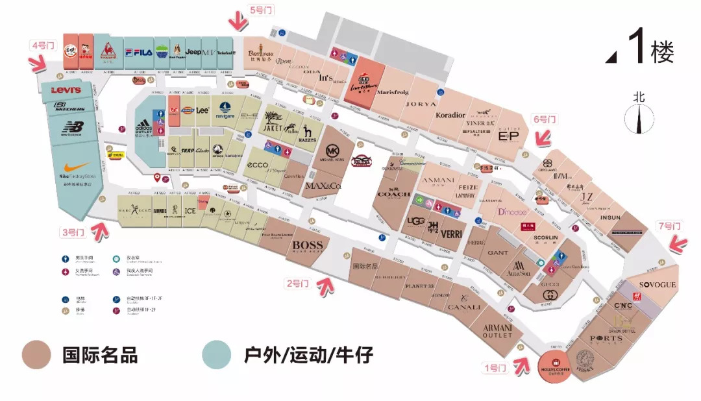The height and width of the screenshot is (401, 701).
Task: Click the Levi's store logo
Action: (x=66, y=90)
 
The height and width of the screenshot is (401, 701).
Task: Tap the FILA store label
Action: (x=138, y=52)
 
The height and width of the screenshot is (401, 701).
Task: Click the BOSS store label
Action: (x=308, y=245)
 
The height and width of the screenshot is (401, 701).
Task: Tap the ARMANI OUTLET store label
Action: (x=498, y=331)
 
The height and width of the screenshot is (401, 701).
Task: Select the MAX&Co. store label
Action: (x=323, y=187)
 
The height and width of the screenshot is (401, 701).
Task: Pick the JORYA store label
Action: (x=421, y=104)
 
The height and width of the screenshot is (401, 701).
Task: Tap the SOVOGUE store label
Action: (x=658, y=285)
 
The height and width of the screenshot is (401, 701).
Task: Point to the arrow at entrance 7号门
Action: (x=678, y=243)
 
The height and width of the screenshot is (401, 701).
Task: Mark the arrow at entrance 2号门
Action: (x=325, y=283)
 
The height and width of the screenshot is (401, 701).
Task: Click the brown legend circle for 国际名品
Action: (x=36, y=356)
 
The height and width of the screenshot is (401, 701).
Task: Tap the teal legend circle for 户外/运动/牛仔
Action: (x=216, y=356)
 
